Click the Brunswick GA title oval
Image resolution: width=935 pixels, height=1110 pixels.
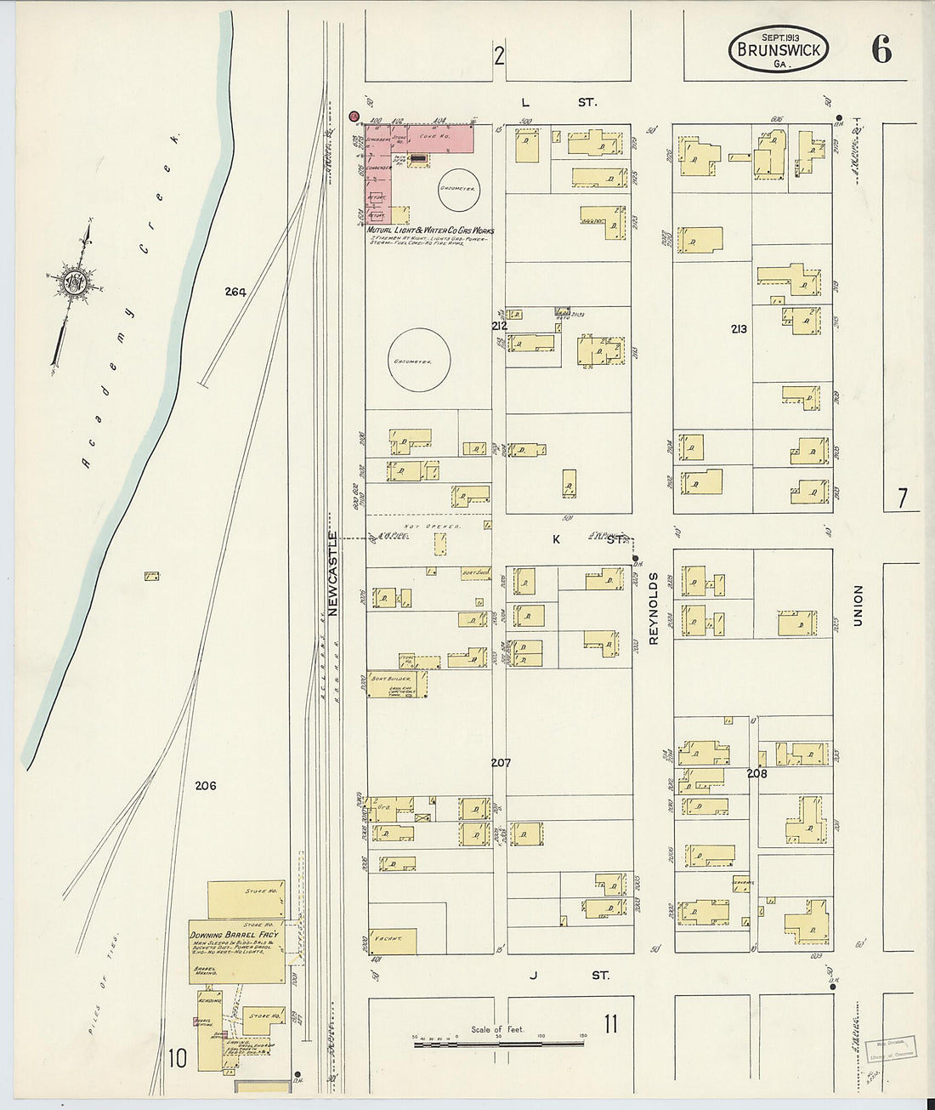pyautogui.click(x=778, y=48)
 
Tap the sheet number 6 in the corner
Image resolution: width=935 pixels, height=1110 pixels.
pyautogui.click(x=881, y=51)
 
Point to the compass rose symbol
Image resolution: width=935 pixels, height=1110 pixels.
pyautogui.click(x=71, y=283)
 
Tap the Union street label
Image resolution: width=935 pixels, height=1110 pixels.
pyautogui.click(x=858, y=606)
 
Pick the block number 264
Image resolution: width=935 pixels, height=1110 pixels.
pyautogui.click(x=235, y=292)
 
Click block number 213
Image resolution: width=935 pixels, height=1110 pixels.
pyautogui.click(x=738, y=328)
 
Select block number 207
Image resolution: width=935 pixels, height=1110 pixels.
pyautogui.click(x=501, y=763)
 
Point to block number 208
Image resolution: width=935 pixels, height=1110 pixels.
pyautogui.click(x=756, y=774)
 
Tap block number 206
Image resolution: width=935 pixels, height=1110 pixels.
pyautogui.click(x=205, y=785)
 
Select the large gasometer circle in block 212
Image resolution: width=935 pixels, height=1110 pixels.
pyautogui.click(x=412, y=361)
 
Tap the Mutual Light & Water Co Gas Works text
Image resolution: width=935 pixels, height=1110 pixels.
pyautogui.click(x=430, y=231)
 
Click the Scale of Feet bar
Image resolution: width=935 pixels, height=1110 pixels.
pyautogui.click(x=499, y=1041)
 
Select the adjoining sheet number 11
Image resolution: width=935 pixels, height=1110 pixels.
pyautogui.click(x=610, y=1024)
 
